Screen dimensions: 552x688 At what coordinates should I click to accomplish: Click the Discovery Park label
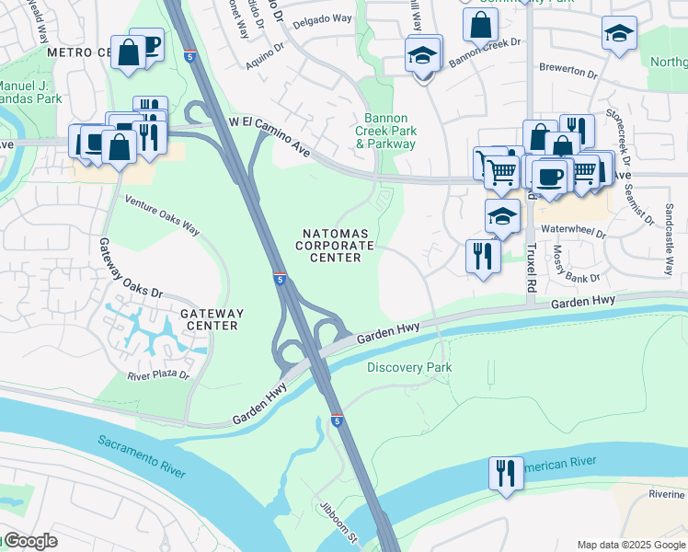(409, 367)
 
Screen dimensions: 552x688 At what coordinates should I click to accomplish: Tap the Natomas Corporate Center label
(335, 246)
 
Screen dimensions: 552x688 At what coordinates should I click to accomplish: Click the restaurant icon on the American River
(506, 473)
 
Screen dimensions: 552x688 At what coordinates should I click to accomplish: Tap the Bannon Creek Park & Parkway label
(390, 131)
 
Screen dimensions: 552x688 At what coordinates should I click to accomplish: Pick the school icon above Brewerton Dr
(620, 33)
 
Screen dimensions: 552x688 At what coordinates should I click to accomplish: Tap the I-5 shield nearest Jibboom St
(338, 420)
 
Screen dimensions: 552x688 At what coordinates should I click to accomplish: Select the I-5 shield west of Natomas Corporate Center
(279, 277)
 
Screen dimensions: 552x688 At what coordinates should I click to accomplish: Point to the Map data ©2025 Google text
(631, 544)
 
